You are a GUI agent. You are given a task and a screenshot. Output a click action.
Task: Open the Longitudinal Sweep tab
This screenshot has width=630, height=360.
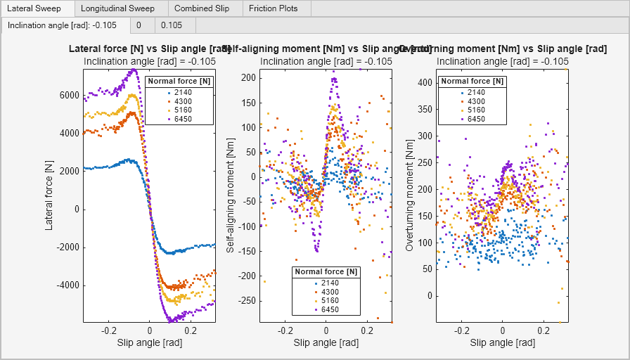[117, 9]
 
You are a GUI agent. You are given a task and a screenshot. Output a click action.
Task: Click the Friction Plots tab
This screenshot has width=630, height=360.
[274, 9]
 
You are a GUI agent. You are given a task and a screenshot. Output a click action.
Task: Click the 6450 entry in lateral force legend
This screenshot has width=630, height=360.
[182, 119]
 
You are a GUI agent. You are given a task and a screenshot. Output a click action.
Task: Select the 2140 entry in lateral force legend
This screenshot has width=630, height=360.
[182, 92]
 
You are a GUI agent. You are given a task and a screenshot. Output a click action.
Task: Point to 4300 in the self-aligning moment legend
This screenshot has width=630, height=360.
[329, 291]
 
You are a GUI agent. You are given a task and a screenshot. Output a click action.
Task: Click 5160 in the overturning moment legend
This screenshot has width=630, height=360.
[475, 110]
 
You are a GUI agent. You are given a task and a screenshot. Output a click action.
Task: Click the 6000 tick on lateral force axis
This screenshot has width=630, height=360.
[68, 95]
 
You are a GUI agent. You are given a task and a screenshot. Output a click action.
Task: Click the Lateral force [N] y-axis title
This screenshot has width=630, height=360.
[49, 195]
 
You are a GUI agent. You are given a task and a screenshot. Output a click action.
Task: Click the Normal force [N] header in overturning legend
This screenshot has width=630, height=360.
[472, 82]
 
